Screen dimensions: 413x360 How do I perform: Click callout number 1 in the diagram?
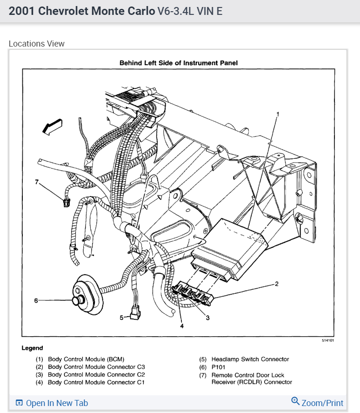(278, 114)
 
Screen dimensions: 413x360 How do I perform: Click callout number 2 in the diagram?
(277, 284)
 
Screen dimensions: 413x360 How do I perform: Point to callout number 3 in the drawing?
(207, 318)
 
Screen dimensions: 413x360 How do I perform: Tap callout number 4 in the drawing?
(182, 326)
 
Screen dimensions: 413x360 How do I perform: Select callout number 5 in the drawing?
(121, 318)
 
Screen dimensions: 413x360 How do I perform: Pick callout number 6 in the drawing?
(36, 300)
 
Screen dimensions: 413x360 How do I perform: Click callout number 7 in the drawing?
(37, 182)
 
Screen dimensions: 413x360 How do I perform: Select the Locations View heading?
(37, 44)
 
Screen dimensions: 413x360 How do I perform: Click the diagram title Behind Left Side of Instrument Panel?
(179, 63)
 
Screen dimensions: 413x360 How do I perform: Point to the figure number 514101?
(327, 340)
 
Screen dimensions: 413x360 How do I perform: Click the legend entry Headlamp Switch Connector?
(250, 359)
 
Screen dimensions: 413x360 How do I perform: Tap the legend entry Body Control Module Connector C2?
(96, 375)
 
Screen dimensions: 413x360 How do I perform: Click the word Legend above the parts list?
(32, 348)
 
